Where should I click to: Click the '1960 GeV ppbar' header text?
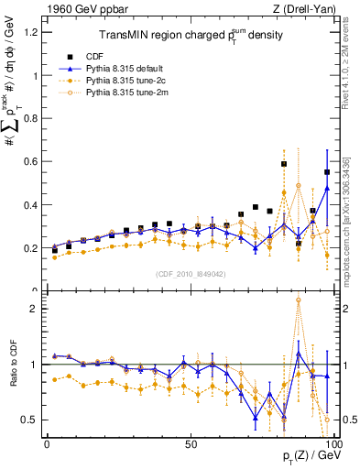[x=83, y=9]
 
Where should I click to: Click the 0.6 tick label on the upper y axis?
[x=32, y=161]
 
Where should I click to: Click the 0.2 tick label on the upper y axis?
[x=32, y=248]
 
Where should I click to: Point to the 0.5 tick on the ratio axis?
[x=32, y=420]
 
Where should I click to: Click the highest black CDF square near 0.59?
[x=284, y=164]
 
